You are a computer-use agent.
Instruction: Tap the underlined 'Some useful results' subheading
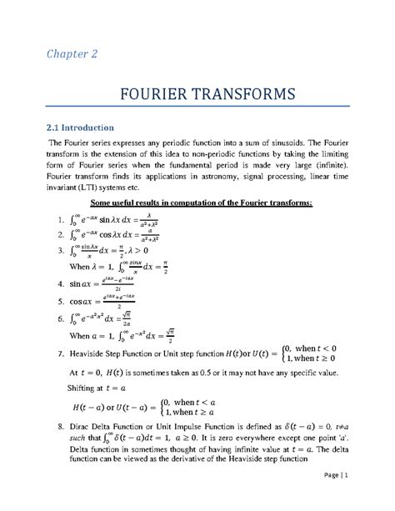click(197, 204)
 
